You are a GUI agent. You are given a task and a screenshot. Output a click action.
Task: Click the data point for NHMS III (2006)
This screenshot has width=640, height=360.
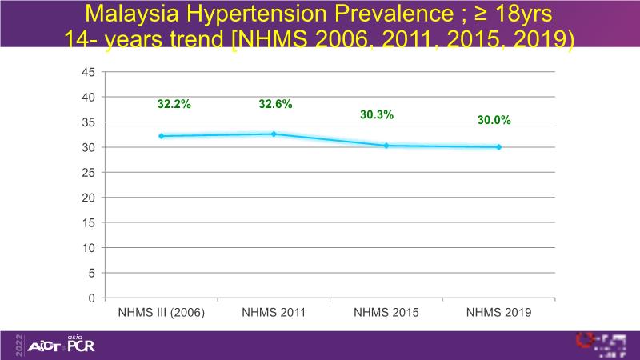pyautogui.click(x=162, y=136)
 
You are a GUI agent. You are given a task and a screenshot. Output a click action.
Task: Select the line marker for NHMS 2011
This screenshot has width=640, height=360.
pyautogui.click(x=274, y=134)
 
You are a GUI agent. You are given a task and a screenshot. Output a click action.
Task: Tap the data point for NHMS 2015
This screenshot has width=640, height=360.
pyautogui.click(x=386, y=146)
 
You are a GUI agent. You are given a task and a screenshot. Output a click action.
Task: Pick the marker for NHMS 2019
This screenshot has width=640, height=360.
pyautogui.click(x=499, y=147)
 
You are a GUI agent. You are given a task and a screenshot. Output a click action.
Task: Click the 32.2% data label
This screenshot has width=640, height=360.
pyautogui.click(x=174, y=104)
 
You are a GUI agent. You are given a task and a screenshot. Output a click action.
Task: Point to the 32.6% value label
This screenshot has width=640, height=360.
pyautogui.click(x=275, y=104)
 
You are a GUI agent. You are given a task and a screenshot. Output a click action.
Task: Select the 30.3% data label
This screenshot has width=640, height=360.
pyautogui.click(x=377, y=115)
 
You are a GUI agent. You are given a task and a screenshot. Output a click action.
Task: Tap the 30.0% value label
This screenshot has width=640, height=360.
pyautogui.click(x=494, y=120)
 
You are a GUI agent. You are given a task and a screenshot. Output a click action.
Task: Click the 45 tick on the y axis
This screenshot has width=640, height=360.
pyautogui.click(x=89, y=72)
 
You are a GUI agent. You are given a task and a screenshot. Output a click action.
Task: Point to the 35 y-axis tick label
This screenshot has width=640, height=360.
pyautogui.click(x=89, y=122)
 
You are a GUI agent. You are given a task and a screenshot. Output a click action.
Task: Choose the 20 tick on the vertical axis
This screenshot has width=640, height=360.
pyautogui.click(x=89, y=198)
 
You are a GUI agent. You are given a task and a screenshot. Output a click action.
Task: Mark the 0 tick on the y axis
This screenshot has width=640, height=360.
pyautogui.click(x=92, y=298)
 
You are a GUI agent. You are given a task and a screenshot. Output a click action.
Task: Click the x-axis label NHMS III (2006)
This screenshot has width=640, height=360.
pyautogui.click(x=162, y=312)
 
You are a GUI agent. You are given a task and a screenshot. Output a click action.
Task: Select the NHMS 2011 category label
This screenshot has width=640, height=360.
pyautogui.click(x=274, y=312)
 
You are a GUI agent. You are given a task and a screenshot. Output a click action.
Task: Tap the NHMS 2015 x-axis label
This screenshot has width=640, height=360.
pyautogui.click(x=386, y=312)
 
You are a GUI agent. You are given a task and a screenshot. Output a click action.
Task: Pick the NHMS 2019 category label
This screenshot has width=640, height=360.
pyautogui.click(x=499, y=312)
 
